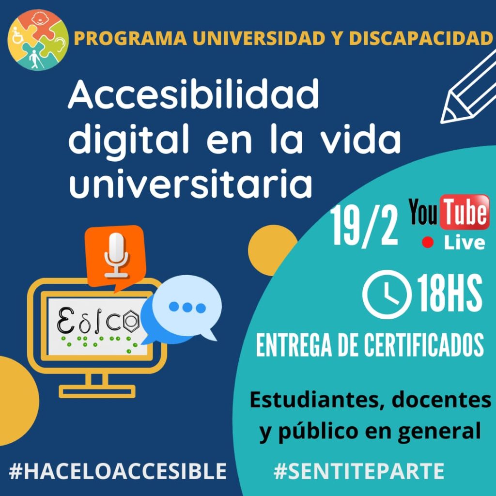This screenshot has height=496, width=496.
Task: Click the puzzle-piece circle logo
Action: click(38, 40)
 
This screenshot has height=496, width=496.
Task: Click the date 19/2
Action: click(363, 225)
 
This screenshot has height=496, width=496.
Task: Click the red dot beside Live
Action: click(428, 242)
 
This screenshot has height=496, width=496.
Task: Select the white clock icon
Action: click(387, 294)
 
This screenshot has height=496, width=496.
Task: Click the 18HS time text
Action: click(449, 293)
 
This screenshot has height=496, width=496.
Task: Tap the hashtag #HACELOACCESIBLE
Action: click(117, 471)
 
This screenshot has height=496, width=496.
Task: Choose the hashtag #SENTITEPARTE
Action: click(359, 471)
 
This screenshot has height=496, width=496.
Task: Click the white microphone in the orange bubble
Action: click(116, 255)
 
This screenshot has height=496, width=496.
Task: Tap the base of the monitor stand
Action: click(97, 391)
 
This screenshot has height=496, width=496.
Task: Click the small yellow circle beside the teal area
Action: click(272, 250)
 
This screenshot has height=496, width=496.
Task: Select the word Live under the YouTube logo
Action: click(465, 243)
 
